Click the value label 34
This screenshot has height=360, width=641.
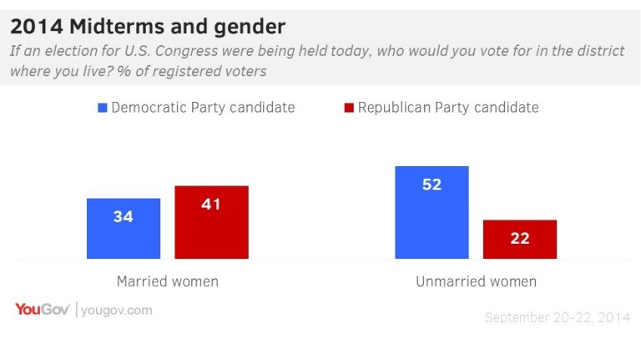click(124, 217)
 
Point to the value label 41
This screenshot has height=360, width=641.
click(211, 204)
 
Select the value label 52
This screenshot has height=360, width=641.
click(432, 185)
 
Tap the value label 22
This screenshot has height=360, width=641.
click(520, 238)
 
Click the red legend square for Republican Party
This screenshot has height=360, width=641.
click(349, 108)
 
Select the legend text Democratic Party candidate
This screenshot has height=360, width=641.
click(203, 108)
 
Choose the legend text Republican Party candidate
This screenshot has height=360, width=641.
click(448, 108)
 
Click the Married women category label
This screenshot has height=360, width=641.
click(168, 281)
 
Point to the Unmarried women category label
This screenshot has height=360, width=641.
click(476, 281)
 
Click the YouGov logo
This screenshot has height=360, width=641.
click(43, 310)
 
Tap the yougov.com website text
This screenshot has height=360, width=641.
click(117, 310)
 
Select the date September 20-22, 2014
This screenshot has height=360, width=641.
click(556, 317)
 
